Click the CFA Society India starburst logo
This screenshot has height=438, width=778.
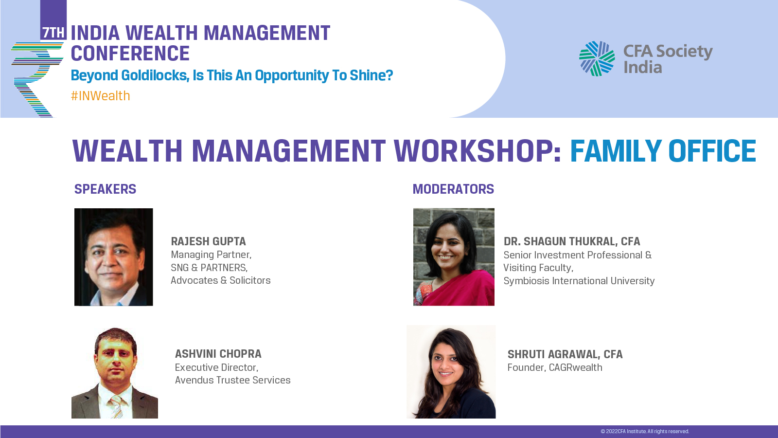click(x=597, y=58)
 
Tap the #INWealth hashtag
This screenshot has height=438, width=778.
click(x=100, y=95)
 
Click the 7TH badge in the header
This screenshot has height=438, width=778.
click(x=53, y=33)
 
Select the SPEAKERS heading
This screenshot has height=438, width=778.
click(x=105, y=189)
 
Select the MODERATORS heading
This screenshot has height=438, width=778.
click(x=453, y=189)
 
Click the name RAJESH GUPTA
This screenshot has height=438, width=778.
click(x=209, y=241)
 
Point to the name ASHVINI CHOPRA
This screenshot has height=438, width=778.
click(x=218, y=354)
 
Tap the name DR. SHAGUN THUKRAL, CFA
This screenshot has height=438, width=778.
click(x=572, y=241)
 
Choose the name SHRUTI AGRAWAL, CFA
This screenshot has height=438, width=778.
click(x=565, y=354)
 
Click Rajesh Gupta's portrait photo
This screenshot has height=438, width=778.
click(x=114, y=257)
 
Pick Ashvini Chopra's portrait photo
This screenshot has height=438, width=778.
click(x=115, y=373)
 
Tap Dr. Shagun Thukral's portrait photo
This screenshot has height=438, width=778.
click(x=454, y=257)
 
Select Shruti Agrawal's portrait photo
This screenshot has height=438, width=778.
click(x=451, y=372)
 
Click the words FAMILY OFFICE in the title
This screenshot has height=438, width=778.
click(x=663, y=151)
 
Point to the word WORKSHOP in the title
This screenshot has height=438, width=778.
click(x=477, y=151)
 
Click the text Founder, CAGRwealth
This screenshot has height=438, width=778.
click(x=555, y=367)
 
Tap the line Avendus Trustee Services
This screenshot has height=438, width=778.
click(x=233, y=380)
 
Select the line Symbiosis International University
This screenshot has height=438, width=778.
click(x=579, y=281)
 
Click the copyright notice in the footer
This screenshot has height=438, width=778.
click(x=645, y=431)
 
